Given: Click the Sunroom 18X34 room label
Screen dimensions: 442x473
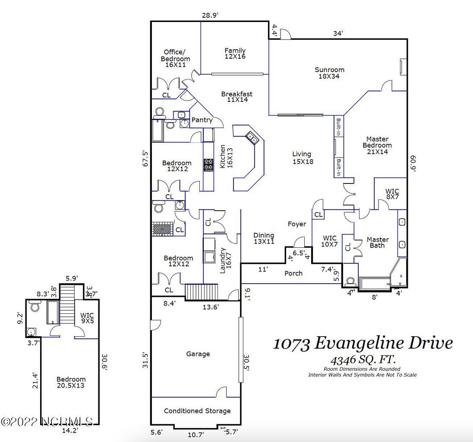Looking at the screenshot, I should (329, 73).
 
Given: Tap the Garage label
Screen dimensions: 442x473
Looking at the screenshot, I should (198, 354).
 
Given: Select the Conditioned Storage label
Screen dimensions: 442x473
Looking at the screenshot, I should (197, 410).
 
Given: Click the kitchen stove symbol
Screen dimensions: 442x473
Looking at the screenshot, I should (208, 165).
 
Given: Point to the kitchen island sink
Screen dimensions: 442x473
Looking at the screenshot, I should (252, 138).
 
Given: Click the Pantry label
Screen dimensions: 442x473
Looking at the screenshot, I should (202, 120).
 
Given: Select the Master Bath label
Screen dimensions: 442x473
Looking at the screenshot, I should (378, 242).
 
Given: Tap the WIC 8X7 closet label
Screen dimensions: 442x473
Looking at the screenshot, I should (392, 194).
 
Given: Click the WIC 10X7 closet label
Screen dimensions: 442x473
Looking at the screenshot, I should (330, 241).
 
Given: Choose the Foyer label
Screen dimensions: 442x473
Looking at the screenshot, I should (297, 224).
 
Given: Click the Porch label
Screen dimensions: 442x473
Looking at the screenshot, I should (293, 273).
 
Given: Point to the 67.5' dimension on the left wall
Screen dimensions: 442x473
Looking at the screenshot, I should (145, 158).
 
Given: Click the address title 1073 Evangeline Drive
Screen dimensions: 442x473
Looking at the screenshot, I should (363, 343).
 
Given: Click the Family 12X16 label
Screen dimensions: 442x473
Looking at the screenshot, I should (235, 53).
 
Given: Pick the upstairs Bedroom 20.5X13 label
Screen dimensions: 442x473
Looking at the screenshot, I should (71, 382).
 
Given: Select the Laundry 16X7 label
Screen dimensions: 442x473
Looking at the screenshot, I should (225, 260).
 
